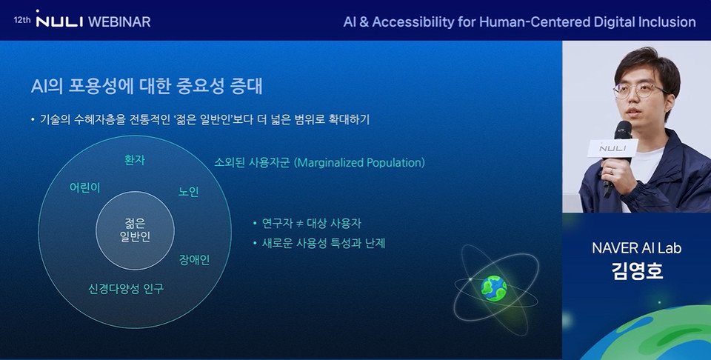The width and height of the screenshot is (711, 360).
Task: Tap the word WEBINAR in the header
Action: pos(119,21)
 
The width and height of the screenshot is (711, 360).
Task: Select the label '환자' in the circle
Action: pos(135,160)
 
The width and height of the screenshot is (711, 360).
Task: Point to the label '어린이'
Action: pos(84,187)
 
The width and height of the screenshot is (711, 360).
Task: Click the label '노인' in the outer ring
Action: pos(189,192)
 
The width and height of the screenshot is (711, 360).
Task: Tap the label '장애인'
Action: pos(195,260)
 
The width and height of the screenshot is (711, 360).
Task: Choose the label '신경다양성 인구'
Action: pos(126,289)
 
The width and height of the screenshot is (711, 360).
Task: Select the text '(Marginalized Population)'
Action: pos(359,162)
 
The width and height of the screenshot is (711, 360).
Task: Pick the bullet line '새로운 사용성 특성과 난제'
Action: pos(324,243)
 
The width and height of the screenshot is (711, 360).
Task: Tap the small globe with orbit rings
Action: pos(493,287)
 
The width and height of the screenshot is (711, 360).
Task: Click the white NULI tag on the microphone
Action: pos(612,148)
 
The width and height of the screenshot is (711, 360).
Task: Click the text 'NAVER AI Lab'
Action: pos(636,248)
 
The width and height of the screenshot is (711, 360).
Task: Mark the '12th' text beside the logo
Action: pos(22,20)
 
